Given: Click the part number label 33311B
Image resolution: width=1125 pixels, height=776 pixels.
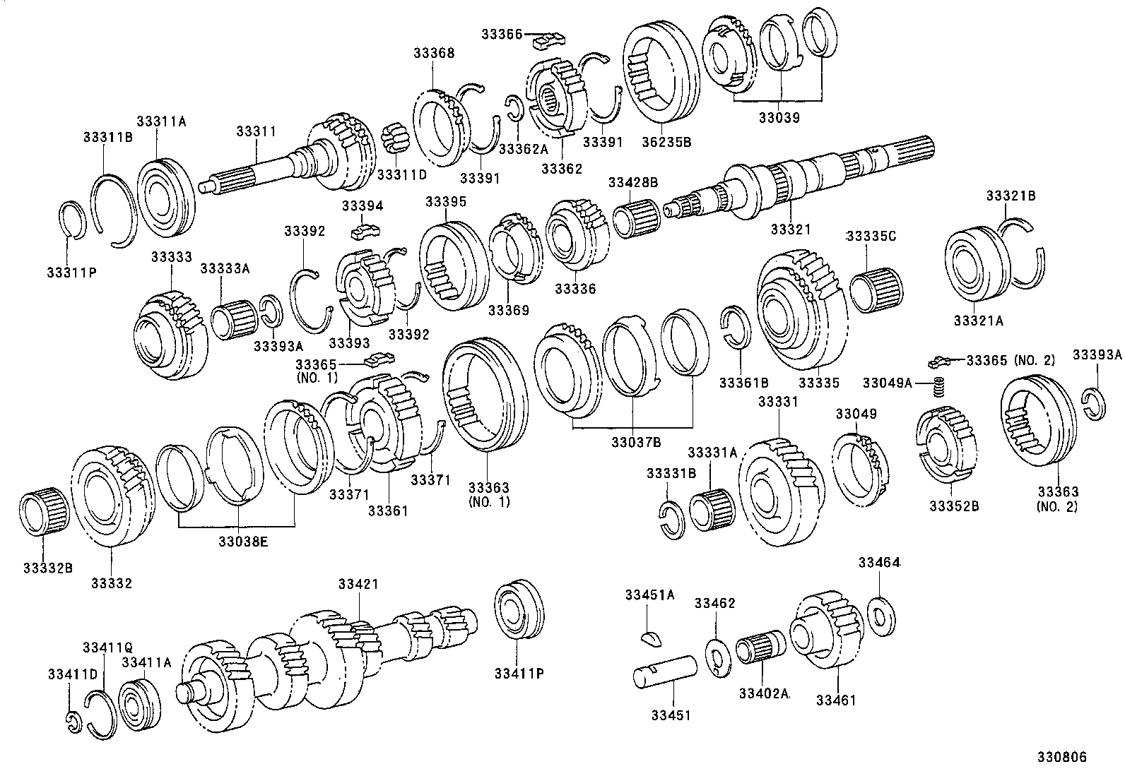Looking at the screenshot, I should pyautogui.click(x=107, y=137).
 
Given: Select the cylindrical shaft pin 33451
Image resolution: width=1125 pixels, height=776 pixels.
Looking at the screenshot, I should pyautogui.click(x=665, y=671).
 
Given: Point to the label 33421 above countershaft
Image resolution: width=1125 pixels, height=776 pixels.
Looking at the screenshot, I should pyautogui.click(x=358, y=583).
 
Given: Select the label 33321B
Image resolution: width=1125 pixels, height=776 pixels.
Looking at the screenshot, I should pyautogui.click(x=1010, y=196).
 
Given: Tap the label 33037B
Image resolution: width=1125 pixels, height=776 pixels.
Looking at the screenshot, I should pyautogui.click(x=637, y=442).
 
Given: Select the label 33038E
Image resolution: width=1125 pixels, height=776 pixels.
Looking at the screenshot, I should pyautogui.click(x=239, y=542).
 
